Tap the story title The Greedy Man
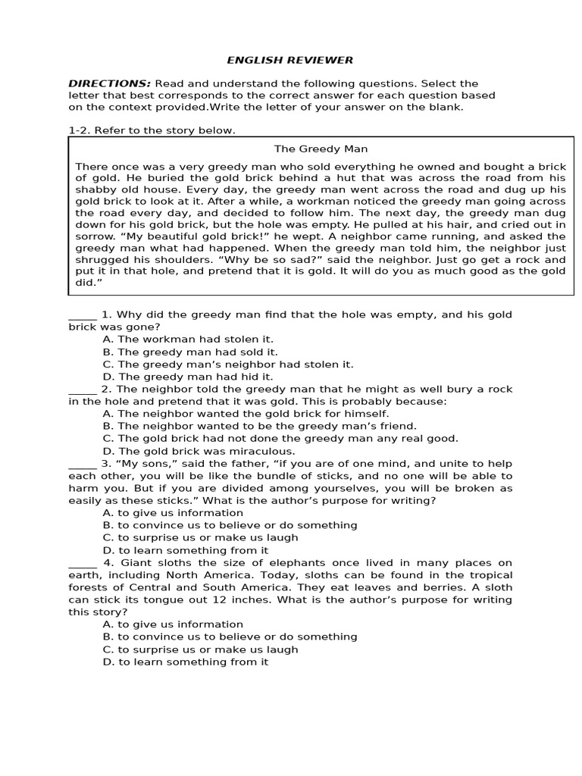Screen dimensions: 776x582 tap(321, 149)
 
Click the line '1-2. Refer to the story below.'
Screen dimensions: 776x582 tap(152, 130)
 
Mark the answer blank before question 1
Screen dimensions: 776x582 tap(82, 314)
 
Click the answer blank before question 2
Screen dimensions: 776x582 tap(82, 389)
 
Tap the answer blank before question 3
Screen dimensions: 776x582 tap(82, 463)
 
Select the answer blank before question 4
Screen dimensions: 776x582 tap(82, 562)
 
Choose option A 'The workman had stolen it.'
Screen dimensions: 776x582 tap(188, 339)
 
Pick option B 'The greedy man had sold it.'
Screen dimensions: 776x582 tap(190, 352)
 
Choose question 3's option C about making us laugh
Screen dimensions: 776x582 tap(200, 537)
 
